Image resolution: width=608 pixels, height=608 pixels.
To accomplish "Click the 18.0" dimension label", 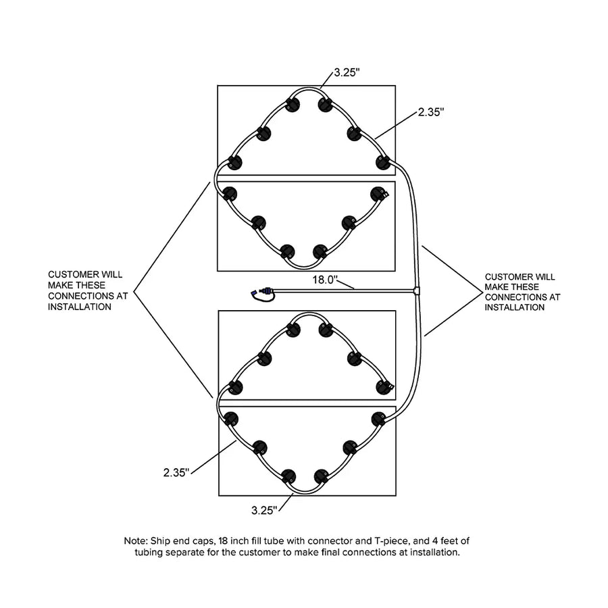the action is point(326,280).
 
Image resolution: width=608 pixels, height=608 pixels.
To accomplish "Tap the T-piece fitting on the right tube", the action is point(416,290).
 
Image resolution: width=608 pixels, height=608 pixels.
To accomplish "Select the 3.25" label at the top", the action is point(347,72).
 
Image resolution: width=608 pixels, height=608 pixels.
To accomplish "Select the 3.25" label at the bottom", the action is point(264,510).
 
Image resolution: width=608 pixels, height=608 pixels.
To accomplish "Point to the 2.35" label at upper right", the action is point(431,112).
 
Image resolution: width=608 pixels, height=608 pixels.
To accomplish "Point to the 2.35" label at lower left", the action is point(176,473).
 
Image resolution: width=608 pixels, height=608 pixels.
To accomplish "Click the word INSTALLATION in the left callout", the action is point(80,307).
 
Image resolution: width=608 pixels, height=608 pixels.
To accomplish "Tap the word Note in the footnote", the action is point(135,540).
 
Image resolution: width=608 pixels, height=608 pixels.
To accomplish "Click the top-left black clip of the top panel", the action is point(293,104).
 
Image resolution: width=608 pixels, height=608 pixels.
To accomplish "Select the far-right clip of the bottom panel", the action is point(379,420).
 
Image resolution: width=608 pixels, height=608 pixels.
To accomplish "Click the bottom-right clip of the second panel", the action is point(320,252).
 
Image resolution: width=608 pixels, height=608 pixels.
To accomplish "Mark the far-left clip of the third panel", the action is point(235,388).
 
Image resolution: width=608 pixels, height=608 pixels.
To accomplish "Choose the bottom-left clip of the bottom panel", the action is point(288,476).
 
